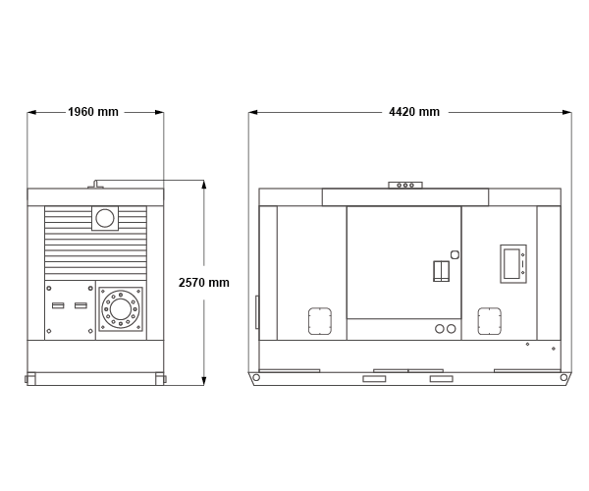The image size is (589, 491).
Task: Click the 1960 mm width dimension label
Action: point(93,112)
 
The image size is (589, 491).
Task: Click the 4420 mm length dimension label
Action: point(414,112)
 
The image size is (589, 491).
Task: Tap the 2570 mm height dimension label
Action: point(203,283)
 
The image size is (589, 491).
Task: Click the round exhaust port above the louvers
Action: point(105,218)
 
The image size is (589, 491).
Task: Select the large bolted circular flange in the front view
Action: point(121,309)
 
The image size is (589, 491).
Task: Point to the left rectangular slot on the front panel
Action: point(58,305)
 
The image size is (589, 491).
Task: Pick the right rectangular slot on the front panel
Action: point(80,305)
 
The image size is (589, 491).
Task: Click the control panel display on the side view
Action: point(512,264)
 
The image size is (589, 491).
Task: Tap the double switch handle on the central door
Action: point(442,271)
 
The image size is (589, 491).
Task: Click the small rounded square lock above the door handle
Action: point(455,254)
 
